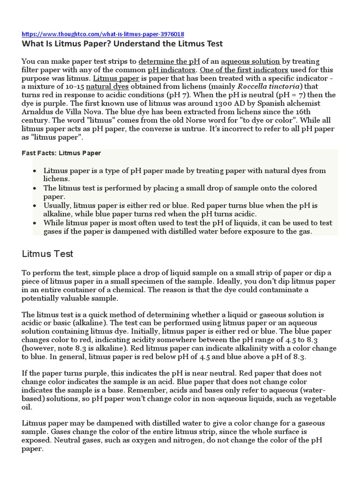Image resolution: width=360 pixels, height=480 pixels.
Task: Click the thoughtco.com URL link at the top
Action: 103,34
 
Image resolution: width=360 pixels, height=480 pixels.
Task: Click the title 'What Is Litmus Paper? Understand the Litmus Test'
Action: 122,44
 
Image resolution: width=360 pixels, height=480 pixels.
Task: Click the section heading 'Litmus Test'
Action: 47,254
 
